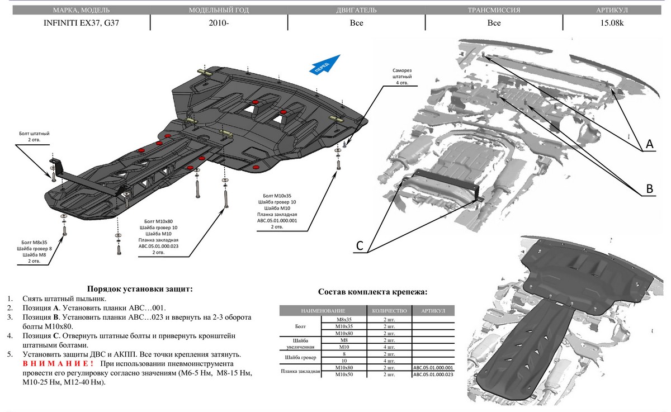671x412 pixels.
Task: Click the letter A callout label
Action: coord(649,145)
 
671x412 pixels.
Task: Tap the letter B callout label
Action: coord(649,189)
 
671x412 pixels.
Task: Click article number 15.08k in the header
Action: coord(616,23)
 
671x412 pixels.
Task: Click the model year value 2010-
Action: coord(219,23)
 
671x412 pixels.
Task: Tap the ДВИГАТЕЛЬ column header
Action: coord(356,11)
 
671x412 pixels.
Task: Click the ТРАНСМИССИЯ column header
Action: coord(494,11)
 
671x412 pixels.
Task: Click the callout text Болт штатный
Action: coord(35,134)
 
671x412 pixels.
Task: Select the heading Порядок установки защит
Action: coord(140,289)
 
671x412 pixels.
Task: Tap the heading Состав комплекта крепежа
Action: coord(372,292)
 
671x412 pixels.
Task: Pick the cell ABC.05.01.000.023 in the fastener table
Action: coord(433,374)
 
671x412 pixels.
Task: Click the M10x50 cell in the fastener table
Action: coord(343,374)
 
